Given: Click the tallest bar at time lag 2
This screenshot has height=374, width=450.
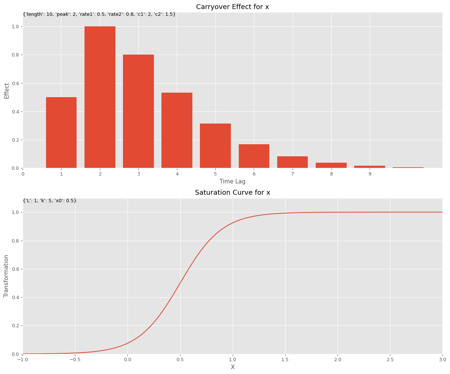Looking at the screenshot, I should [100, 97].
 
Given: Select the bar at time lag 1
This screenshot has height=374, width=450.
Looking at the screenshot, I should [61, 133].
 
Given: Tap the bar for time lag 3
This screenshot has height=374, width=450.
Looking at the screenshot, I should [138, 111].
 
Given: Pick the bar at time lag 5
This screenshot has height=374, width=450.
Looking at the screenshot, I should [215, 146].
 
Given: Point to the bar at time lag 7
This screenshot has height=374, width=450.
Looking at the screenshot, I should [292, 162].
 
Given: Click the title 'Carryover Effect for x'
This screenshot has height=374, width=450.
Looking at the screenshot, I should [232, 7].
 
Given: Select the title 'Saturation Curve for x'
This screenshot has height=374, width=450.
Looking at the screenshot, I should [232, 192].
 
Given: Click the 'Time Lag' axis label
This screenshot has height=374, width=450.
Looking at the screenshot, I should [232, 182].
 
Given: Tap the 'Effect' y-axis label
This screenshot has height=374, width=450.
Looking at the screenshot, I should [7, 90].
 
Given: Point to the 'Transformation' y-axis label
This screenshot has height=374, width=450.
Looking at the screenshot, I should [6, 276].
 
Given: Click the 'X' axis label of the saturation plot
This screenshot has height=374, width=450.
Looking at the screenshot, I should [232, 367].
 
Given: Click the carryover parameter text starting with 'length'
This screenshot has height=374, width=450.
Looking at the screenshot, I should [99, 14].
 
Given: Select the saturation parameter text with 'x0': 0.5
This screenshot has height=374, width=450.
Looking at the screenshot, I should [50, 201].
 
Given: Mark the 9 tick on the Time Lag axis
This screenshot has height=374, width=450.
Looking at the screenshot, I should [370, 174].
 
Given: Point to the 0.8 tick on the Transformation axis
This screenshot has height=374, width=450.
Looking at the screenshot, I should [15, 241].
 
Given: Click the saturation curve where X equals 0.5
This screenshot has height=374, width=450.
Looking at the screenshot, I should [180, 283].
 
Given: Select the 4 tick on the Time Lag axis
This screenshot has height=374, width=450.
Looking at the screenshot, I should [177, 174].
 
